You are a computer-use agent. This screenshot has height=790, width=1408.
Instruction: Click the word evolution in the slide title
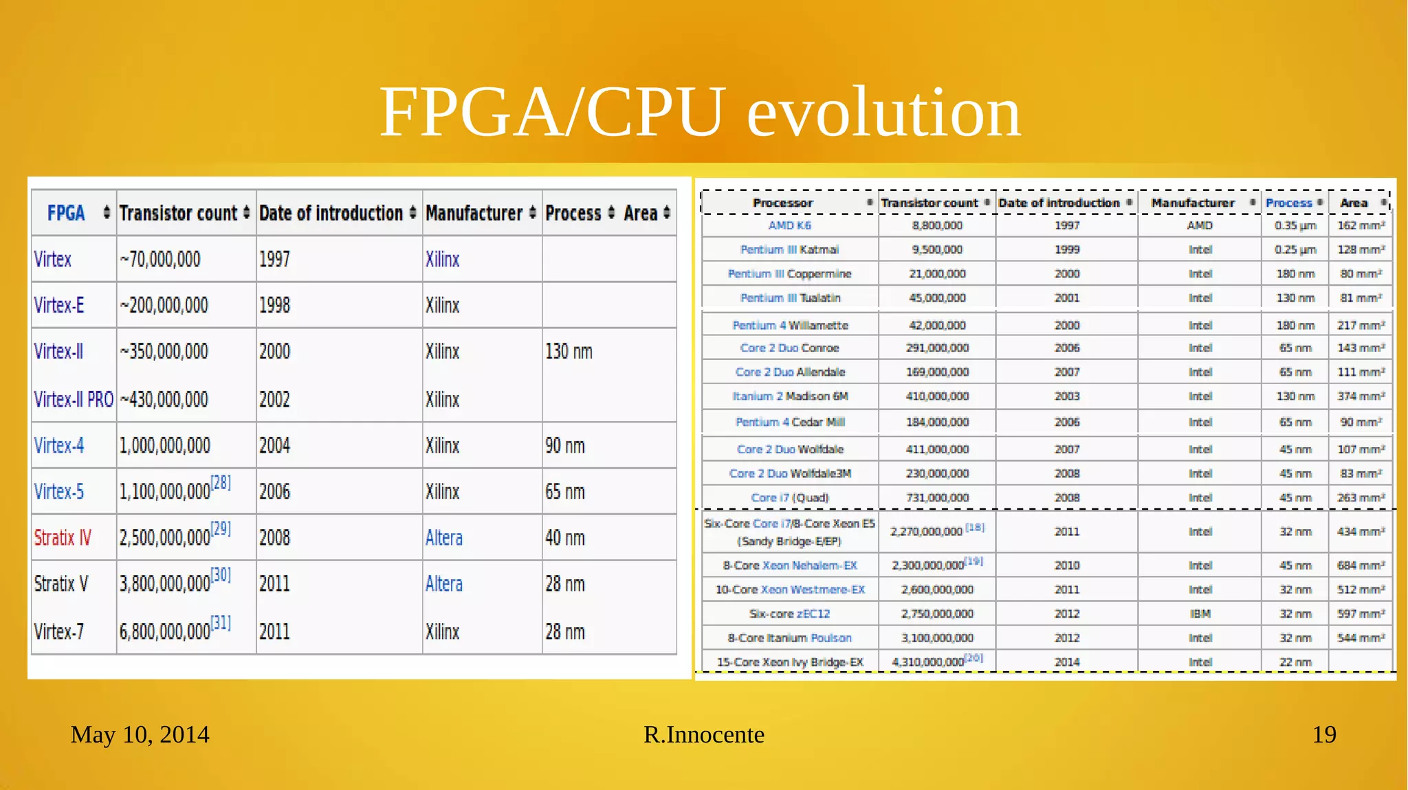tap(883, 113)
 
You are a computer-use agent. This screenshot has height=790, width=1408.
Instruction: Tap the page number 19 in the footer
tap(1323, 734)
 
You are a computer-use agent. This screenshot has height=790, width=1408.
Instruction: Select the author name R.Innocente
tap(703, 734)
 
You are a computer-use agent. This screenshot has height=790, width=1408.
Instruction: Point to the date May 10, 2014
tap(140, 734)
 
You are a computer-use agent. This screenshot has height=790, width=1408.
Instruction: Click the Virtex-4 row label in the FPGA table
tap(59, 446)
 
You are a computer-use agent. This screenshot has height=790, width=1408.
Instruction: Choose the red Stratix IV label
tap(63, 537)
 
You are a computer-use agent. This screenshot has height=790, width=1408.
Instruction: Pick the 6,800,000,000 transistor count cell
tap(165, 631)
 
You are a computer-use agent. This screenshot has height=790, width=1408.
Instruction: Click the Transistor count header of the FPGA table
tap(178, 213)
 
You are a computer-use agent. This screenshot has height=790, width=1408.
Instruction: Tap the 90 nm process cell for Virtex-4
tap(564, 446)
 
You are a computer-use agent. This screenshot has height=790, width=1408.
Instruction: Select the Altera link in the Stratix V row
tap(443, 584)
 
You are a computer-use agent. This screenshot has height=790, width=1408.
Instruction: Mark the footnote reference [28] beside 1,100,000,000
tap(221, 482)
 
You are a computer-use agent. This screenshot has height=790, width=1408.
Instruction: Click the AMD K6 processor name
tap(789, 225)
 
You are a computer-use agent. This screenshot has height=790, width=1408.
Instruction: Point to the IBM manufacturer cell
tap(1200, 613)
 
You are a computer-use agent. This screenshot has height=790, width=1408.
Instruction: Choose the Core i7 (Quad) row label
tap(789, 497)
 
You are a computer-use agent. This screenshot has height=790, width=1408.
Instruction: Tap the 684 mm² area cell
tap(1360, 565)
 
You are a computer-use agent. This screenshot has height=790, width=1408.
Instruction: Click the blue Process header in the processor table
tap(1288, 203)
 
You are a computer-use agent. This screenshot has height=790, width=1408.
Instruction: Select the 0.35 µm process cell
tap(1295, 225)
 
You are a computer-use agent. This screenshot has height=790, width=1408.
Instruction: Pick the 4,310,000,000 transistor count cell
tap(927, 662)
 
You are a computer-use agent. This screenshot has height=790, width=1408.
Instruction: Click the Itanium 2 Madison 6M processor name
tap(789, 396)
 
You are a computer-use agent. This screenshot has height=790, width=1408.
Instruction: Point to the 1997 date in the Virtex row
tap(274, 260)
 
